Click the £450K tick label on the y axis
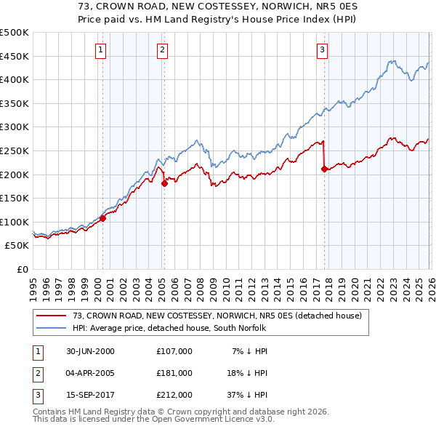click(x=15, y=56)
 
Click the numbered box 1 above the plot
click(x=100, y=49)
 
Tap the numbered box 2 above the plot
click(x=161, y=49)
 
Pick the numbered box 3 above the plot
click(x=322, y=49)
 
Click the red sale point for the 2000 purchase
click(x=102, y=218)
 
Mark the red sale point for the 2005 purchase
click(x=164, y=183)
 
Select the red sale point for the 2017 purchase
click(x=323, y=169)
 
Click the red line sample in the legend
click(x=52, y=316)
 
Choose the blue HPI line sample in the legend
click(x=52, y=328)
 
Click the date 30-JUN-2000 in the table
click(x=90, y=351)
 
